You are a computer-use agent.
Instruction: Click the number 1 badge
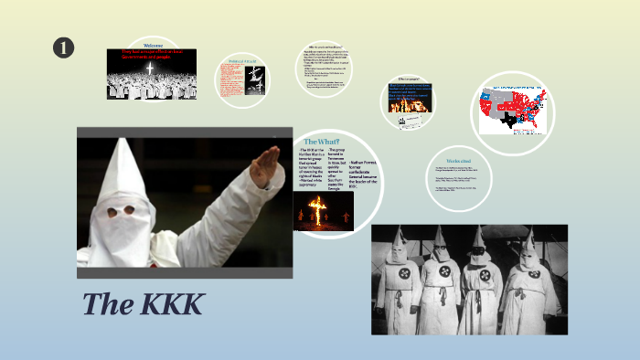click(64, 48)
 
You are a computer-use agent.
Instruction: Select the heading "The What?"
click(322, 142)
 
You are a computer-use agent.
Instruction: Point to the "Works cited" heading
click(460, 161)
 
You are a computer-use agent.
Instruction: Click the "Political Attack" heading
click(240, 63)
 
